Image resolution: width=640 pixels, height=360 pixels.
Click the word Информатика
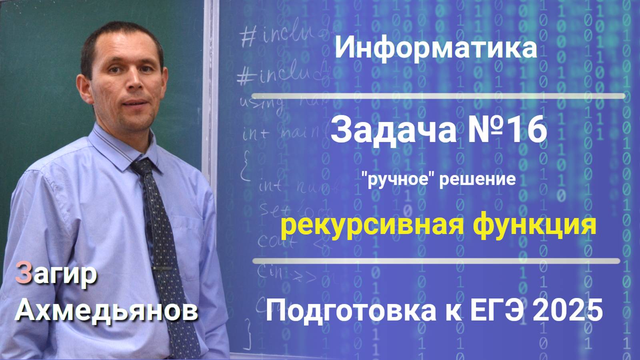point(436,48)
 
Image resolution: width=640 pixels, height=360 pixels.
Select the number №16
point(507,130)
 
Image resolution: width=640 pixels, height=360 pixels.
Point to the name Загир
point(56,274)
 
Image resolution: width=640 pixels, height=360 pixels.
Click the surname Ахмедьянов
point(106,310)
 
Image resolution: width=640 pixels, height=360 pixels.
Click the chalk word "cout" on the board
point(276,240)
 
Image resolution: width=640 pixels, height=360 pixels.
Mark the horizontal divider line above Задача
point(438,96)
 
